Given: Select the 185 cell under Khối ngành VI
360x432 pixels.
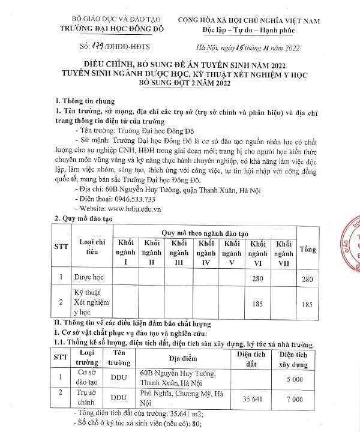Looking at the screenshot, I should click(x=258, y=304).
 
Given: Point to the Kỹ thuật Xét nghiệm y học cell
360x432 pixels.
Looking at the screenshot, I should click(x=89, y=303).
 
